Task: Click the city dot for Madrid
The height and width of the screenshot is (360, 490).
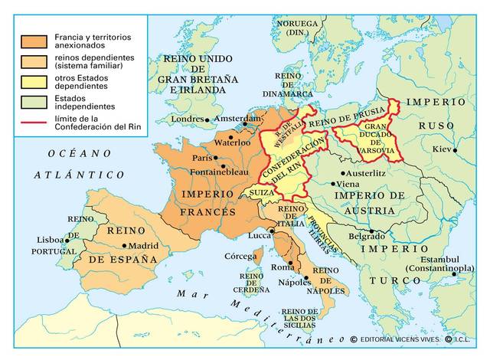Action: pyautogui.click(x=125, y=246)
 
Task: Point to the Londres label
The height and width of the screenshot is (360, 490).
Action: pyautogui.click(x=188, y=119)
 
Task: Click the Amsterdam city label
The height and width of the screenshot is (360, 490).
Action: pyautogui.click(x=238, y=119)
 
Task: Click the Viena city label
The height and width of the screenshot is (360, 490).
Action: pyautogui.click(x=348, y=185)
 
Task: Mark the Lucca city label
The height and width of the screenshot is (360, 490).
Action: pyautogui.click(x=260, y=237)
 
